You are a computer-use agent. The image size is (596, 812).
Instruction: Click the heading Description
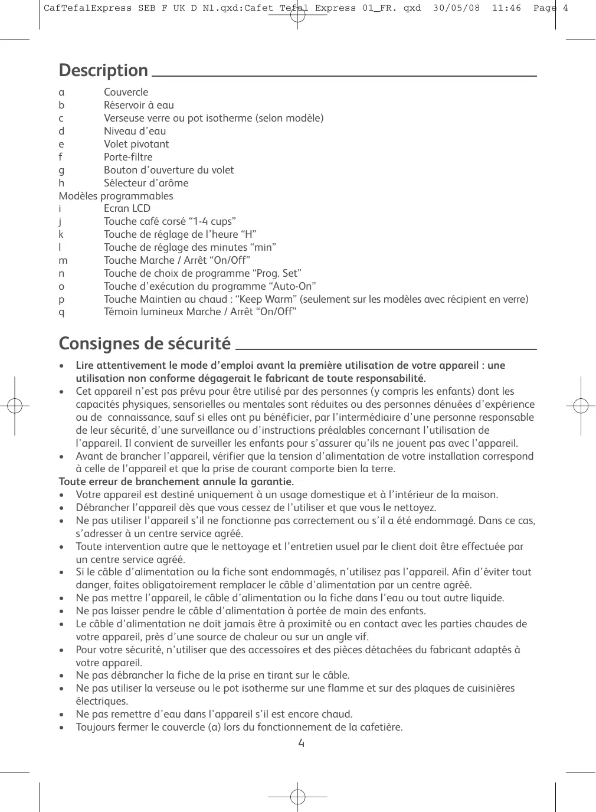103,71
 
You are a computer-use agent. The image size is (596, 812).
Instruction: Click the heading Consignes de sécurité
145,343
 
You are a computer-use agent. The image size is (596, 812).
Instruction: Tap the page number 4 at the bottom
301,743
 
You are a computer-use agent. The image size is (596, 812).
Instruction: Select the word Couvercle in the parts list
126,92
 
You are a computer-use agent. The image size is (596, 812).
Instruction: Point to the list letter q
61,312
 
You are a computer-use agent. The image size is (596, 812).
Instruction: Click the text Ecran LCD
127,208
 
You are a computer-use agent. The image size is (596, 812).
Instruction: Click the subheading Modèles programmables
116,196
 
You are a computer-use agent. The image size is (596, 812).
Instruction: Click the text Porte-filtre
128,157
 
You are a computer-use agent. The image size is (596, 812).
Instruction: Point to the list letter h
61,183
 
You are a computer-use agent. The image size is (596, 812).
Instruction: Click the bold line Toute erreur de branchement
176,482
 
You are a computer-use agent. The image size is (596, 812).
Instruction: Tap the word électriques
101,701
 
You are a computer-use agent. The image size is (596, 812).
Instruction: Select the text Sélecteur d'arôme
146,183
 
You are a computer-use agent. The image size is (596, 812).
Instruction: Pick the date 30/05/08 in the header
456,8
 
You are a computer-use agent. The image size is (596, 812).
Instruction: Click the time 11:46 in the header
506,8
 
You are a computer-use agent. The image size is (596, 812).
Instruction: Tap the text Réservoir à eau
139,105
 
